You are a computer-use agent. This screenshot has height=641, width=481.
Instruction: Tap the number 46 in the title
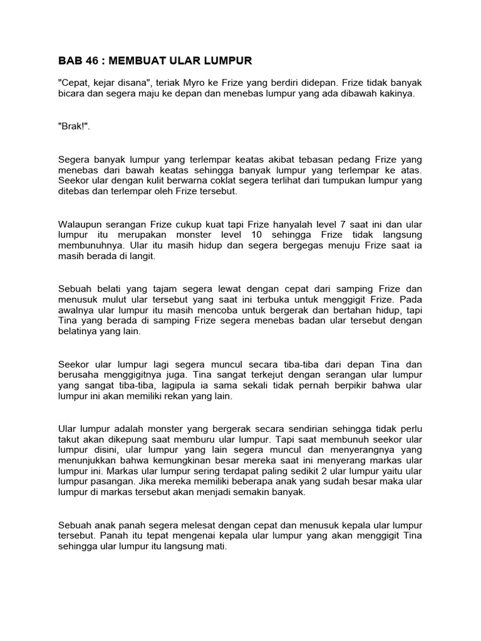(95, 61)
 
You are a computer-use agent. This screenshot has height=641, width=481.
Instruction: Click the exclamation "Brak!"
(74, 126)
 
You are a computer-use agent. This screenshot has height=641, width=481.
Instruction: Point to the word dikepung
(111, 439)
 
